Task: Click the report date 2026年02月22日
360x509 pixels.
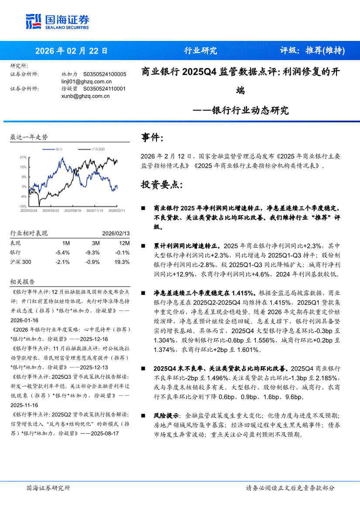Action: [71, 51]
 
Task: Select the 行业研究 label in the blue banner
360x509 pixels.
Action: [200, 51]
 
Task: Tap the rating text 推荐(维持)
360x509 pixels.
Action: [325, 51]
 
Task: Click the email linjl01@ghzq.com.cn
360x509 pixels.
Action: [87, 81]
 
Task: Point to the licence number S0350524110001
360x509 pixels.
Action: [104, 89]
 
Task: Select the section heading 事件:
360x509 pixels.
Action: [153, 138]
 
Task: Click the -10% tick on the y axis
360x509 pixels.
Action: [22, 206]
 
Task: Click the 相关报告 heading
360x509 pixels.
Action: [22, 282]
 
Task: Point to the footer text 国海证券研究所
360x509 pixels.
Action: [48, 488]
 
